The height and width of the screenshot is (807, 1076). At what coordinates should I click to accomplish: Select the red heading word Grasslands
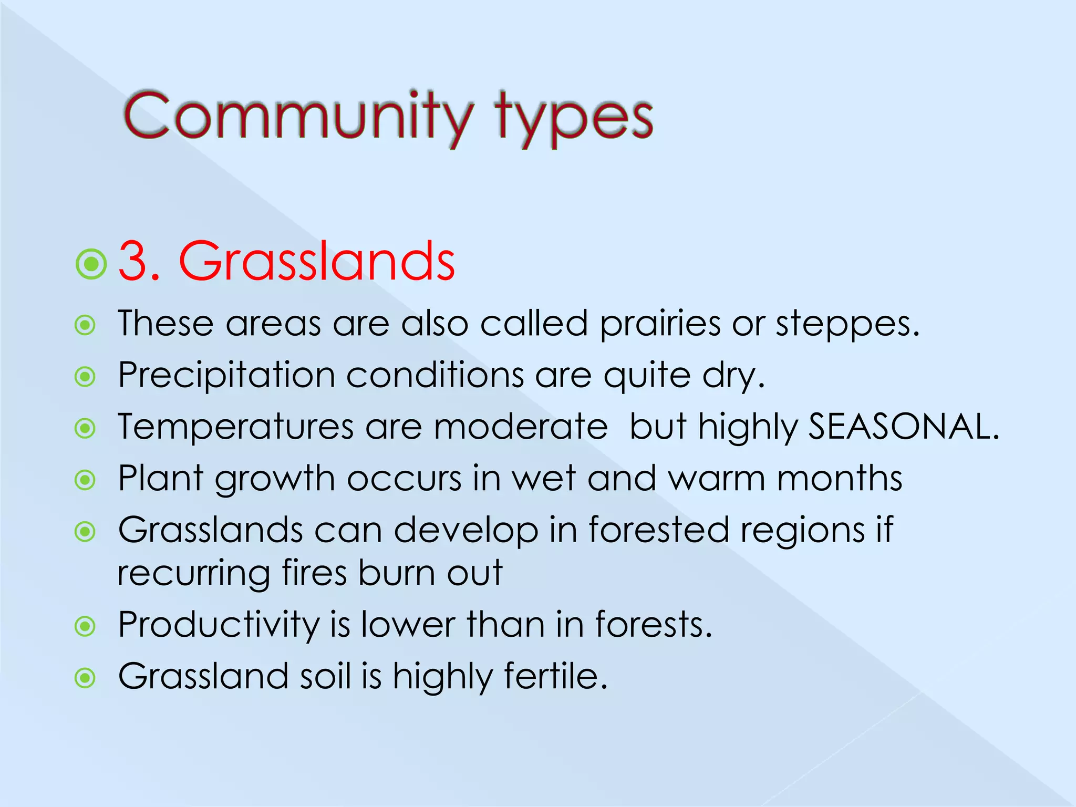pyautogui.click(x=317, y=261)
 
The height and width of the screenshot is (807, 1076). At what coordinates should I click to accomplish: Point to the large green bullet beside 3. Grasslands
pyautogui.click(x=91, y=264)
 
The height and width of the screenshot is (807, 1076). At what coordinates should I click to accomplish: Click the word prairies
pyautogui.click(x=660, y=324)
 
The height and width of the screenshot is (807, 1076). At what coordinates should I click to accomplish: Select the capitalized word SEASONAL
pyautogui.click(x=903, y=426)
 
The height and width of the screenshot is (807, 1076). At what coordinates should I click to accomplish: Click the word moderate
pyautogui.click(x=521, y=426)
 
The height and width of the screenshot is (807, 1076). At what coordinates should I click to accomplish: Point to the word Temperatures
pyautogui.click(x=236, y=427)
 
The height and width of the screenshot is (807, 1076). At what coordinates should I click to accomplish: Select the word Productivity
pyautogui.click(x=219, y=626)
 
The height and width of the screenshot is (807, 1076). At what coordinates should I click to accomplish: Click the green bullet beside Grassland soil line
pyautogui.click(x=85, y=678)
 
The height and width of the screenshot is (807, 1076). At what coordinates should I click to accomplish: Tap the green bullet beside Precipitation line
pyautogui.click(x=85, y=377)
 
